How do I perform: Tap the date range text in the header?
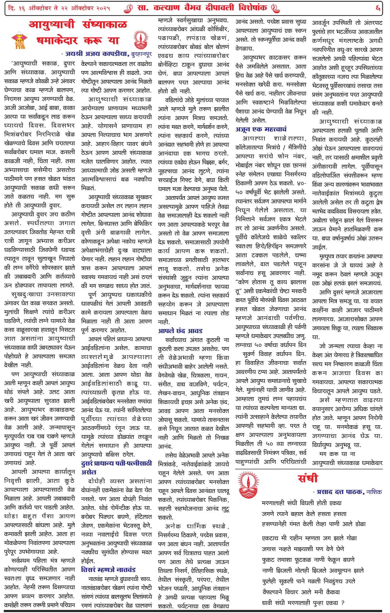60,8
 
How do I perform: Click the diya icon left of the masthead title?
128,8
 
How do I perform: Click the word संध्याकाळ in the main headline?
105,25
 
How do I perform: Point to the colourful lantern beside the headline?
19,40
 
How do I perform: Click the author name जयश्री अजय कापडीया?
97,54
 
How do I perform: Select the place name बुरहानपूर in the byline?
141,54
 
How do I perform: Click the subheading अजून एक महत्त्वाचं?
261,129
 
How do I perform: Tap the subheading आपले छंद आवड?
180,331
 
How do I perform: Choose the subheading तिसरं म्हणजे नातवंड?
108,570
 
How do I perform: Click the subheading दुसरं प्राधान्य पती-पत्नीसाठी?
116,463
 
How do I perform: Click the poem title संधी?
308,478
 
